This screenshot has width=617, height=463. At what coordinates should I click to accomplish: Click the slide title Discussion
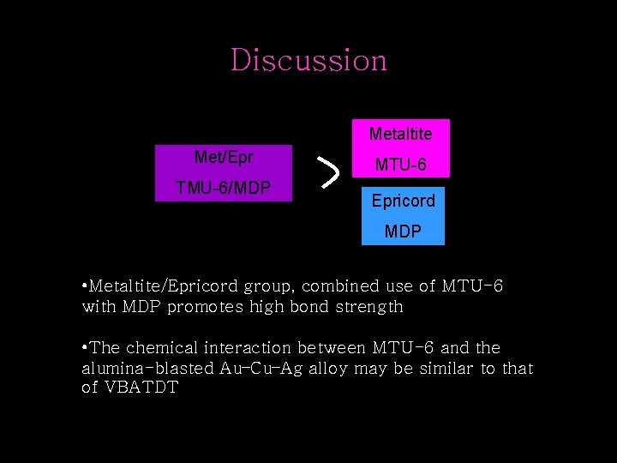(x=308, y=60)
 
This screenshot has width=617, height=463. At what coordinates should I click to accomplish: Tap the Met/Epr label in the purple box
(x=224, y=157)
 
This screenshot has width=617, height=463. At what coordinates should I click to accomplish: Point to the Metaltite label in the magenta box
(x=400, y=134)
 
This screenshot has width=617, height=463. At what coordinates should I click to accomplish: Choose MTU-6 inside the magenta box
(x=400, y=164)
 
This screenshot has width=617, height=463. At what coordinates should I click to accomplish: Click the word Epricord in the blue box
(x=403, y=201)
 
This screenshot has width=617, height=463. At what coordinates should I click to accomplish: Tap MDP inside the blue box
(x=403, y=232)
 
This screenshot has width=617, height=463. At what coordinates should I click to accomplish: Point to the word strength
(x=370, y=306)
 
